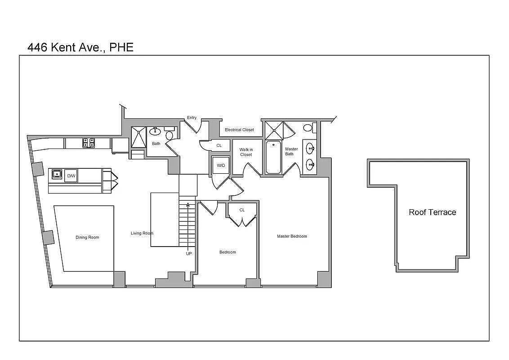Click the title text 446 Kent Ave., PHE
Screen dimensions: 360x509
[x=80, y=47]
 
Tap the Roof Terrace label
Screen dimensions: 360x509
[x=432, y=212]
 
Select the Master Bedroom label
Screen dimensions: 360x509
[x=292, y=236]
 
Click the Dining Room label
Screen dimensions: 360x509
[x=87, y=238]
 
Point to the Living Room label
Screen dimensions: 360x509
[x=142, y=233]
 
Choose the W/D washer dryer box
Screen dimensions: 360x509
[x=221, y=165]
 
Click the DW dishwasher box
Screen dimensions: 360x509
[x=71, y=176]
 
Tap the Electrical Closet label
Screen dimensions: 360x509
[x=239, y=130]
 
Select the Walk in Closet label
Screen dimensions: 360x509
[x=246, y=152]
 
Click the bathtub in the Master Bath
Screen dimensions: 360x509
[x=273, y=157]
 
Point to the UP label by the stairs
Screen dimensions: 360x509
[x=189, y=253]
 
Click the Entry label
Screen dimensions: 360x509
[x=192, y=118]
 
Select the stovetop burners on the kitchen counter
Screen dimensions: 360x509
[x=89, y=143]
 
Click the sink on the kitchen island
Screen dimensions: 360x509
[x=57, y=174]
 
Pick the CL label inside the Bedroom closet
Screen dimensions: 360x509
[x=242, y=210]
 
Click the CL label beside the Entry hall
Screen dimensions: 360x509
[x=219, y=146]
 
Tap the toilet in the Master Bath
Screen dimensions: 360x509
[x=308, y=128]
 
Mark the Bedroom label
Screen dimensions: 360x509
[x=228, y=252]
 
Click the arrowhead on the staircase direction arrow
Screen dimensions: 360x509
[x=188, y=205]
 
